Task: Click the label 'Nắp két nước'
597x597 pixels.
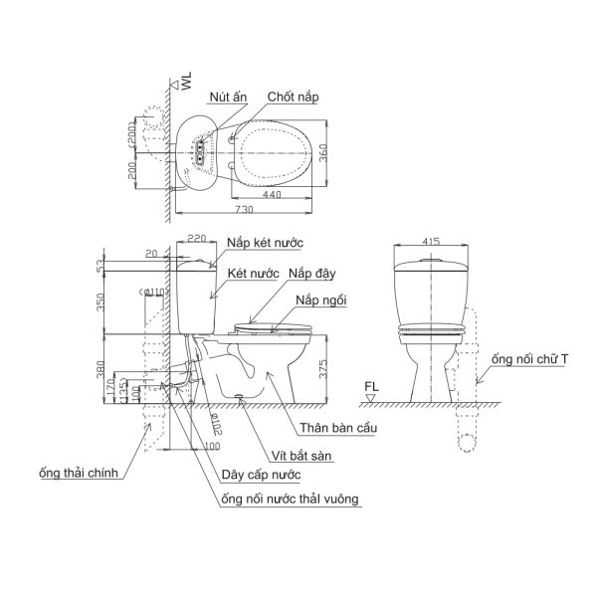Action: point(265,242)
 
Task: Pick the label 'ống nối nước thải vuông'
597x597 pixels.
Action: point(293,497)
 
